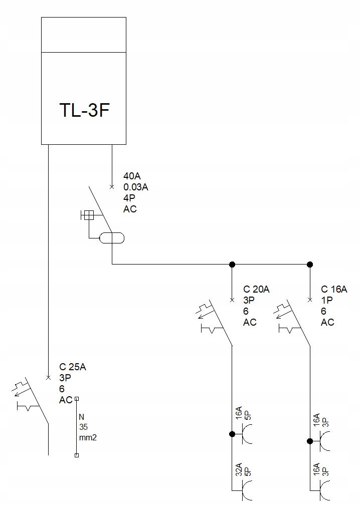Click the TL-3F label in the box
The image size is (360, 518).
coord(84,110)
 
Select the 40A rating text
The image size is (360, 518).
coord(132,176)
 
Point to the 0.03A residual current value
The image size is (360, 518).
coord(136,187)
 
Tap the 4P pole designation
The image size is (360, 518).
coord(129,198)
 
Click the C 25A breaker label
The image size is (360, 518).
coord(73,367)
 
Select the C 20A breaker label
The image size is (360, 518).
coord(257,290)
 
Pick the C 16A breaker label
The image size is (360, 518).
coord(334,290)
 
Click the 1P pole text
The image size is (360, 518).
coord(327,301)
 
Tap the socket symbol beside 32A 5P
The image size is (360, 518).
coord(247,489)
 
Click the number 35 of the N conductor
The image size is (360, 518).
coord(83,427)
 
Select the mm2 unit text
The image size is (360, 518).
coord(88,437)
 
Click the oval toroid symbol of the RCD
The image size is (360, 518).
coord(111,238)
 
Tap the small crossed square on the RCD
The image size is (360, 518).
coord(88,215)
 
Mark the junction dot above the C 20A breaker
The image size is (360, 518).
coord(232,264)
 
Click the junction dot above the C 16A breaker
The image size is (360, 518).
coord(310,264)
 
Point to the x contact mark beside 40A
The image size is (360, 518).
coord(111,187)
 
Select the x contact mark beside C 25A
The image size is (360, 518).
coord(48,377)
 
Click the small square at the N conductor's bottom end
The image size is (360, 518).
coord(76,455)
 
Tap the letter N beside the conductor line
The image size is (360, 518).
coord(82,417)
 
